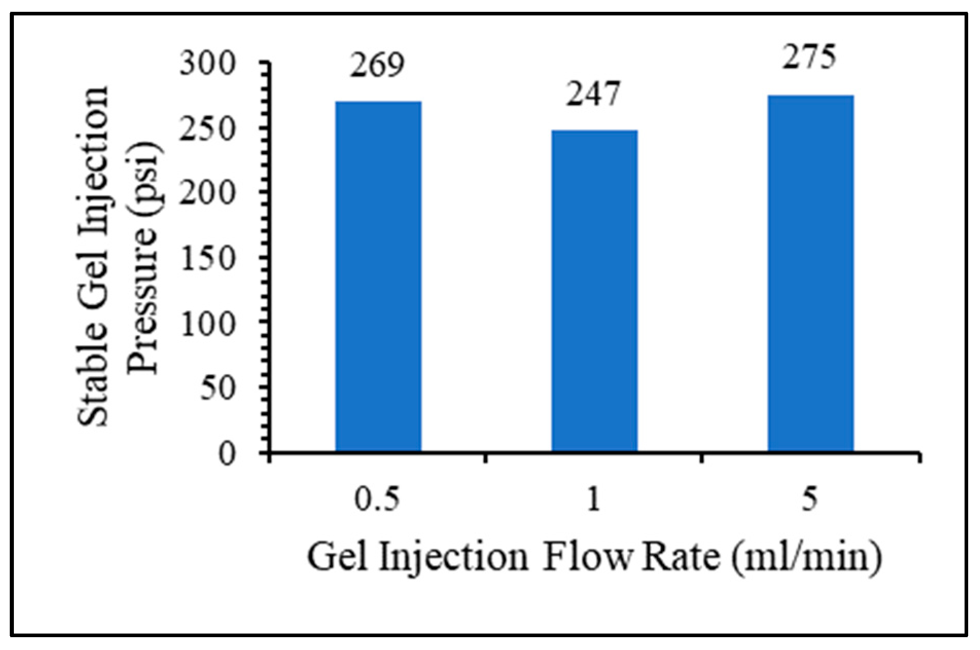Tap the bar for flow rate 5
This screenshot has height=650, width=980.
(810, 273)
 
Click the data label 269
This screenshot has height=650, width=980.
(378, 65)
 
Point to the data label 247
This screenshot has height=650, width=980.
(594, 95)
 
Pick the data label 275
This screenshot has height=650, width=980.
(809, 57)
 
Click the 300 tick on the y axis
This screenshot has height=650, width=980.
(207, 65)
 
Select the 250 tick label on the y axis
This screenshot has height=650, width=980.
(207, 129)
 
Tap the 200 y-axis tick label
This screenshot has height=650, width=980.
(207, 194)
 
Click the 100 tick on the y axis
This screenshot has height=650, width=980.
(207, 324)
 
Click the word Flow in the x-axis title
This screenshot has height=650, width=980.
(586, 556)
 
